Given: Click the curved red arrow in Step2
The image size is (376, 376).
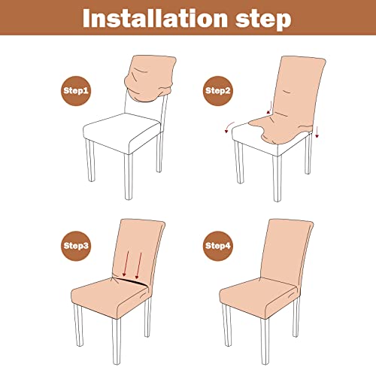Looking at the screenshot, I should (x=230, y=126).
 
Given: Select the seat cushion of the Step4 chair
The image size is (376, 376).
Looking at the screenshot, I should (x=267, y=293).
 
